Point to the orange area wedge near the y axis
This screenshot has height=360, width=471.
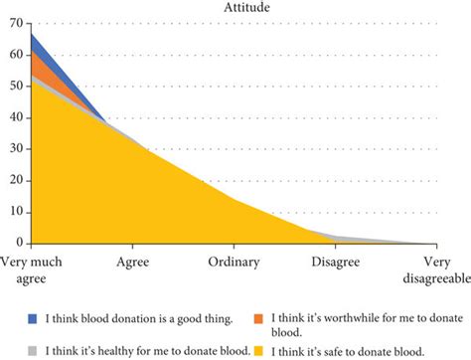pyautogui.click(x=38, y=65)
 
